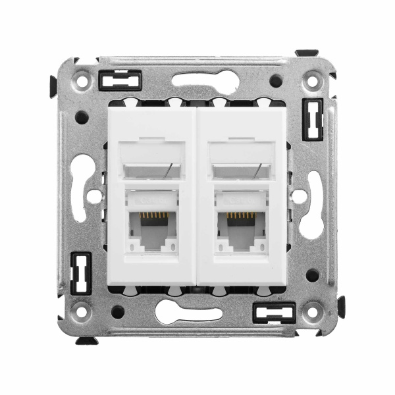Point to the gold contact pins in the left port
pyautogui.click(x=152, y=216)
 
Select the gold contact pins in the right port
pyautogui.click(x=242, y=216)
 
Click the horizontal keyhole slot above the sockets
pyautogui.click(x=205, y=80)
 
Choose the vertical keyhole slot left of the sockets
pyautogui.click(x=80, y=188)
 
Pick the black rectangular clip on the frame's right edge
pyautogui.click(x=312, y=119)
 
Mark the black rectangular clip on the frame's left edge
pyautogui.click(x=80, y=273)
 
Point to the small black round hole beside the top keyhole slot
pyautogui.click(x=276, y=80)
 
